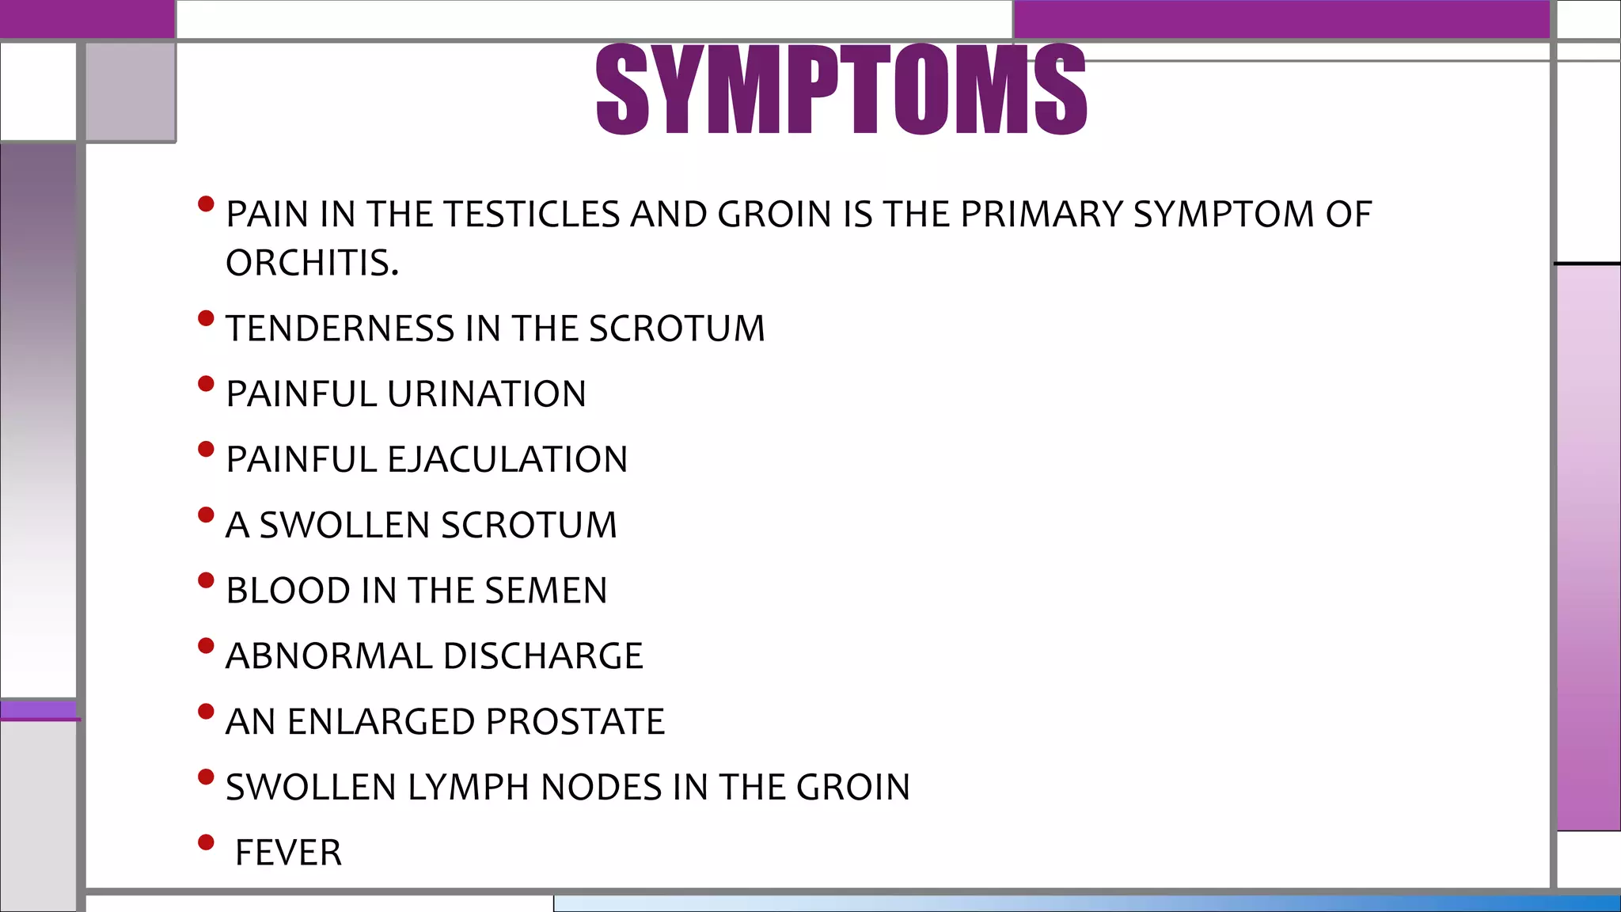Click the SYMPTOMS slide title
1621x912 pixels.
click(841, 89)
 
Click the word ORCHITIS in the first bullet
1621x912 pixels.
click(311, 263)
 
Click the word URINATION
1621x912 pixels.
click(487, 394)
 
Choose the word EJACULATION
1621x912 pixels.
click(507, 460)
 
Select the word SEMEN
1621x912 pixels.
click(546, 591)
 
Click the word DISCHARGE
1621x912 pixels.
click(543, 656)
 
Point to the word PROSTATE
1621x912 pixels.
click(575, 722)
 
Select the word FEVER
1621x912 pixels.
click(289, 853)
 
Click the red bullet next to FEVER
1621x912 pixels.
click(207, 842)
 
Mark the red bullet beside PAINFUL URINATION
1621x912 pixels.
click(207, 384)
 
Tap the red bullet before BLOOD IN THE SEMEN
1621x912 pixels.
click(207, 580)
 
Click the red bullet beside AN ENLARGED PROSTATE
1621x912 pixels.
click(207, 712)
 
